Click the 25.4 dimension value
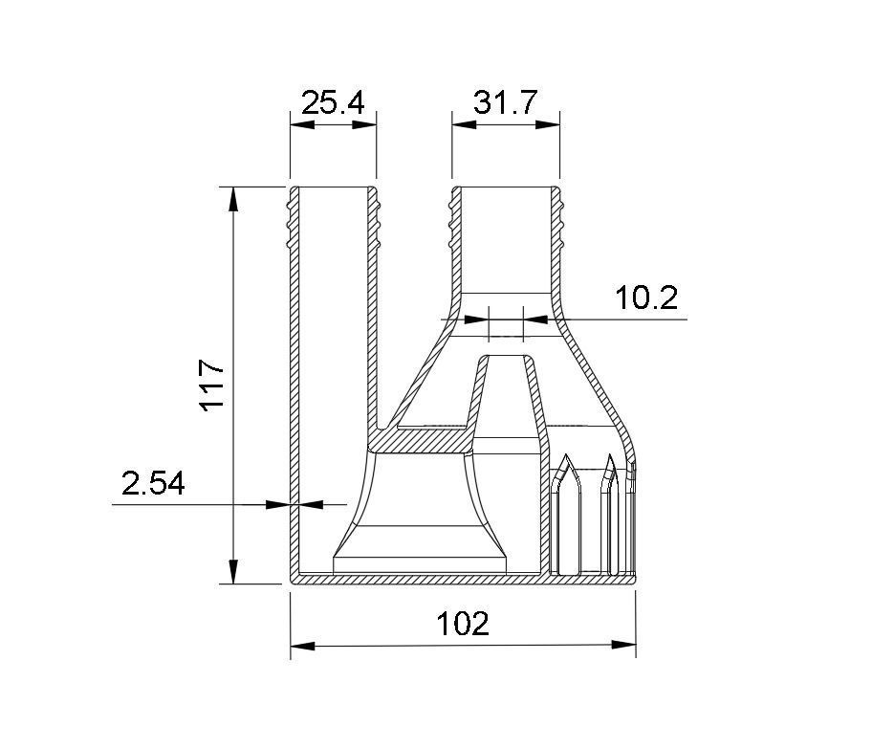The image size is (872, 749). [x=333, y=102]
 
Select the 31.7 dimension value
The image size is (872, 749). [x=506, y=102]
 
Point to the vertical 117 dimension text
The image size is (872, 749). [x=211, y=385]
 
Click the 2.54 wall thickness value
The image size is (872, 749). [x=153, y=483]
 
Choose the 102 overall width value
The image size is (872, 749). [x=463, y=624]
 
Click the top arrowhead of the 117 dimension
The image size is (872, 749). [x=233, y=197]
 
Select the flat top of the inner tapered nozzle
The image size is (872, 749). [x=507, y=358]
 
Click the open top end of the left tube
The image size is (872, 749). [x=333, y=188]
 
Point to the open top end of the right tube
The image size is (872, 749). [x=506, y=188]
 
